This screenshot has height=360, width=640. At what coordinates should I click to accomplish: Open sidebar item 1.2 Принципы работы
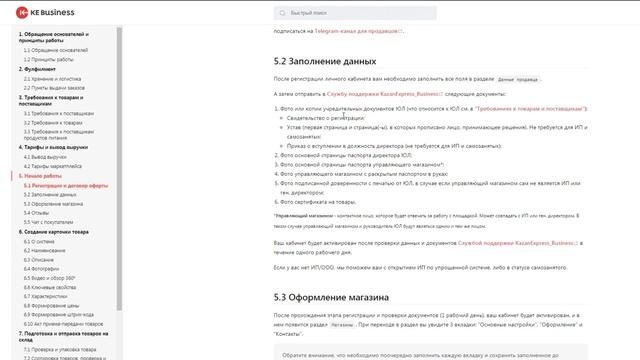[x=49, y=59]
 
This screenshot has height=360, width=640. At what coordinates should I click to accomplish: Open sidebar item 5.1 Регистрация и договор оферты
[x=66, y=184]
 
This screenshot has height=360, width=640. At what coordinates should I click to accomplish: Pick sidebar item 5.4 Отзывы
[x=41, y=211]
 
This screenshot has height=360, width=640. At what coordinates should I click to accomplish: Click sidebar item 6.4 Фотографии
[x=46, y=267]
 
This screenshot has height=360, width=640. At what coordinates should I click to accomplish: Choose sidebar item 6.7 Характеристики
[x=50, y=295]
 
